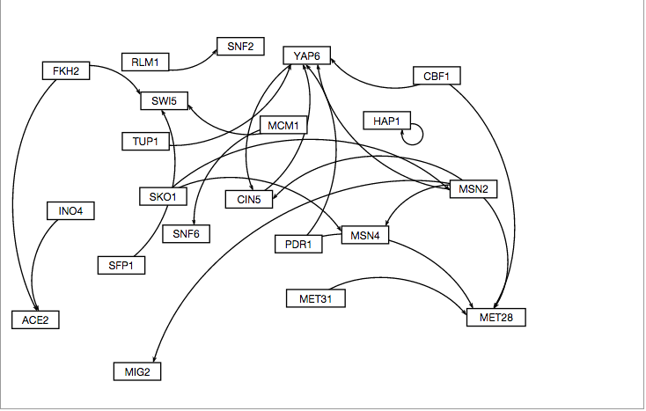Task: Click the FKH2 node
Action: (66, 70)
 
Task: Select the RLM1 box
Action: (145, 62)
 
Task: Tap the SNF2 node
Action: (240, 47)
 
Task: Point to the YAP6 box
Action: (306, 55)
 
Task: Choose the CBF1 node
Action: (437, 77)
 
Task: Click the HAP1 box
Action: (387, 120)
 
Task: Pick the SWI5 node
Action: (165, 101)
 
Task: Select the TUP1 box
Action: (145, 141)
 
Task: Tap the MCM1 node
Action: (283, 125)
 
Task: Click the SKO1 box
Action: (163, 196)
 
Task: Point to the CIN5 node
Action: (248, 199)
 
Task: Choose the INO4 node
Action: (70, 211)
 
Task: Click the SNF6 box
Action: (186, 233)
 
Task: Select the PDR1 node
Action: (298, 244)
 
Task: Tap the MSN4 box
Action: (364, 235)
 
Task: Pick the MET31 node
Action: (315, 299)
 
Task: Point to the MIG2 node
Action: (137, 371)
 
